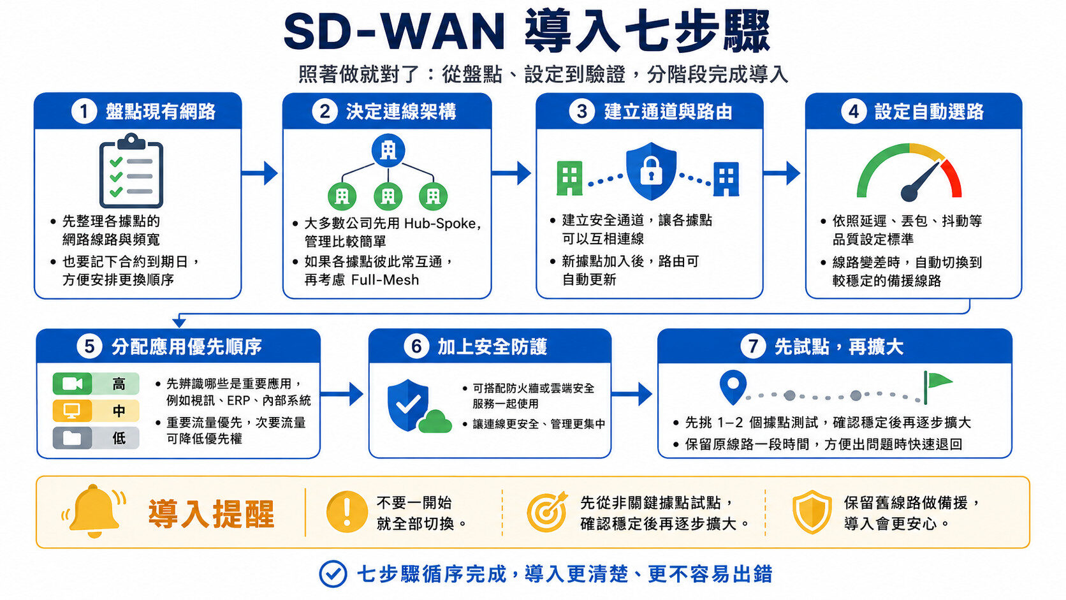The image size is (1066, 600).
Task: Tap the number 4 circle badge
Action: pos(854,112)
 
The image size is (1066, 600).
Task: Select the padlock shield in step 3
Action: pos(651,171)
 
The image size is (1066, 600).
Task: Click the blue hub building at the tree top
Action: pos(388,151)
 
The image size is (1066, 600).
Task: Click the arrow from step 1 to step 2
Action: pos(259,173)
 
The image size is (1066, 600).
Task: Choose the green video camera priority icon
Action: pos(72,383)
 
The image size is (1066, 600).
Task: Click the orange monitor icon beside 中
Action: pos(72,411)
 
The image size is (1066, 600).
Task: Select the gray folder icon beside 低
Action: pos(72,438)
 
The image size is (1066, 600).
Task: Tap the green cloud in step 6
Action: pos(435,421)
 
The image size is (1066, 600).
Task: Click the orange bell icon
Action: pos(94,511)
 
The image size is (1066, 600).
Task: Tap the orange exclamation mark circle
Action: pos(347,511)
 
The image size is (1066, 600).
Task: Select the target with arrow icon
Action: pos(547,511)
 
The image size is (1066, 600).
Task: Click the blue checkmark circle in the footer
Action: pos(333,574)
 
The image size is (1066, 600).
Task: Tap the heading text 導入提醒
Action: pos(211,514)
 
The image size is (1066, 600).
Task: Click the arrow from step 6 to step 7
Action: pos(632,394)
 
